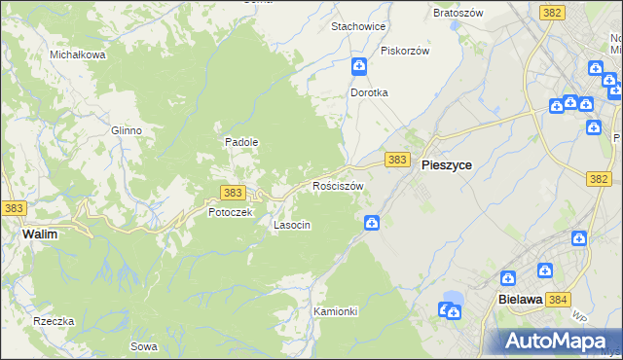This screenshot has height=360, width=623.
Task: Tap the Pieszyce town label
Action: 447,165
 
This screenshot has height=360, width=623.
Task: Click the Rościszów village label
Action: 338,185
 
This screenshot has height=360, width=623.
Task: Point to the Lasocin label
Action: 292,225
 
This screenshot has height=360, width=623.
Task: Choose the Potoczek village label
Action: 231,211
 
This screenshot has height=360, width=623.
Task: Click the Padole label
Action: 241,141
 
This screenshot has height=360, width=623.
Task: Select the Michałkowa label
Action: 78,55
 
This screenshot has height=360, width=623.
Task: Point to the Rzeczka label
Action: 54,321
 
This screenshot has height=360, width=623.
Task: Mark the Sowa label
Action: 142,346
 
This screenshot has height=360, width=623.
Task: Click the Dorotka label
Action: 370,92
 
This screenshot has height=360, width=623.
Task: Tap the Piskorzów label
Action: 405,51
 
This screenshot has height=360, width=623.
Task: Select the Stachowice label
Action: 359,26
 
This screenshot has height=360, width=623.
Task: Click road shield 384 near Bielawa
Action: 558,301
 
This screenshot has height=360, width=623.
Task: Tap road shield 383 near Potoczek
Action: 232,193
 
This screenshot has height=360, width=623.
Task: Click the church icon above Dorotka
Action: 359,66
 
